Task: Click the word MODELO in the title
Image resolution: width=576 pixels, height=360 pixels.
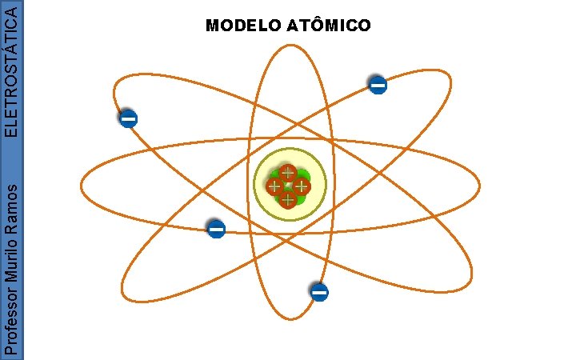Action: (241, 26)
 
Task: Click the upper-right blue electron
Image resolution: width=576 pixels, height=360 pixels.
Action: (378, 84)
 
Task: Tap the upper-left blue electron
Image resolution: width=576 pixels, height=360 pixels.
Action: (128, 119)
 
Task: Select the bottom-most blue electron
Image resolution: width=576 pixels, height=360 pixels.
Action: (319, 293)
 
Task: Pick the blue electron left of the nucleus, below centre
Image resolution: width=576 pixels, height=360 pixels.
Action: (216, 230)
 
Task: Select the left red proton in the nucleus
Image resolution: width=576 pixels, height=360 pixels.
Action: (274, 186)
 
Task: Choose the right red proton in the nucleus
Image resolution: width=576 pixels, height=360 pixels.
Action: (301, 186)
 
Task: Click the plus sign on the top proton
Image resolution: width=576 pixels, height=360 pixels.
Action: (287, 173)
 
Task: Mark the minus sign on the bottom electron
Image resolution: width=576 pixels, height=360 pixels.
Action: (319, 293)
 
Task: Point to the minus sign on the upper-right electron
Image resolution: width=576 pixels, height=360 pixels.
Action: (378, 84)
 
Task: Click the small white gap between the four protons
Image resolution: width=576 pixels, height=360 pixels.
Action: (288, 186)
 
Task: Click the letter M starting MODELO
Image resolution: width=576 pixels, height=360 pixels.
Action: (211, 26)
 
